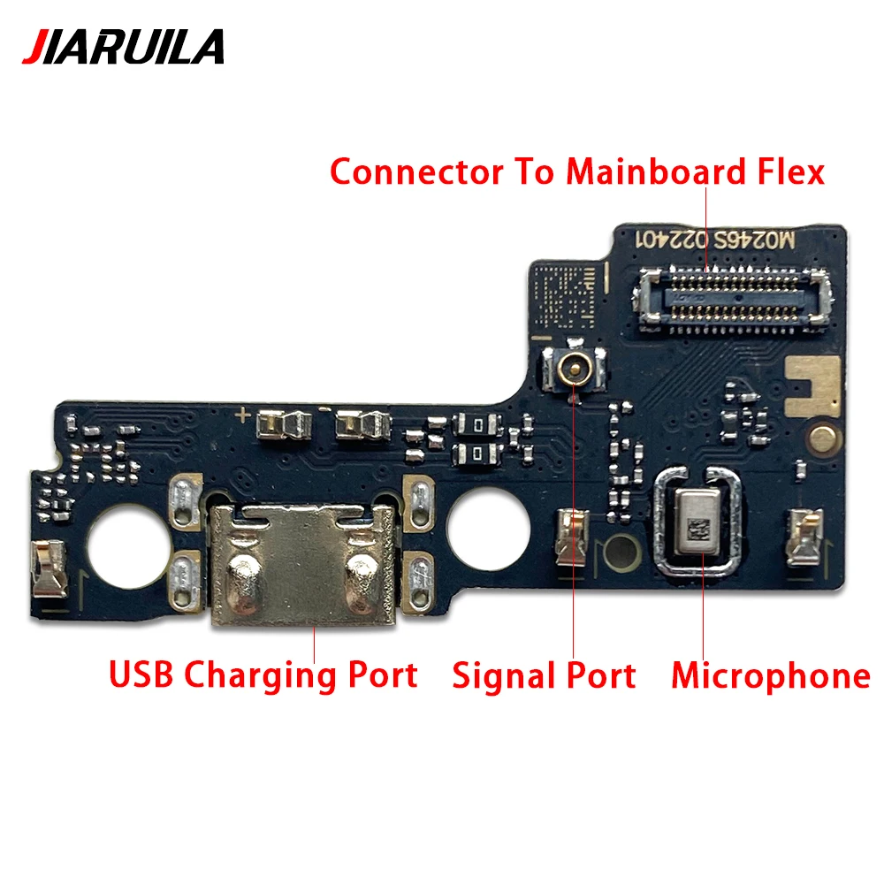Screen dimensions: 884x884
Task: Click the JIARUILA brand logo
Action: click(x=123, y=47)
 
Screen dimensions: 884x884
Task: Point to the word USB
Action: click(x=142, y=674)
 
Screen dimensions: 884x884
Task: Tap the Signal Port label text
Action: click(x=544, y=675)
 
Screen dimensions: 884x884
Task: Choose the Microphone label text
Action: click(x=770, y=675)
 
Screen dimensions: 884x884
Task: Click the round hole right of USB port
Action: click(x=487, y=528)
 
